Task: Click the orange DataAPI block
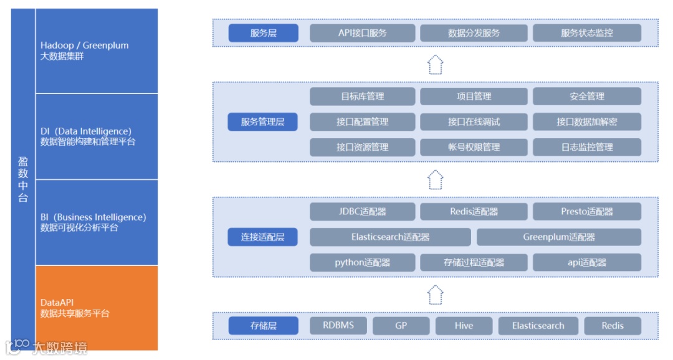(x=97, y=308)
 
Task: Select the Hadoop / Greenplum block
(x=97, y=51)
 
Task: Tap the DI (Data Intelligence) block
(x=97, y=136)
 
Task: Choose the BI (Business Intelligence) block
(x=97, y=222)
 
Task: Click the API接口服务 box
(x=362, y=33)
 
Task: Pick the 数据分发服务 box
(x=474, y=33)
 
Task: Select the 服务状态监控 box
(x=586, y=33)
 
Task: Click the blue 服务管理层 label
(x=262, y=122)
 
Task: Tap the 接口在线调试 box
(x=474, y=122)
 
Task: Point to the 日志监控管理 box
(x=586, y=148)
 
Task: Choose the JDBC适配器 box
(x=362, y=212)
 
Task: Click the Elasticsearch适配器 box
(x=390, y=237)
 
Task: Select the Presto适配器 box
(x=586, y=212)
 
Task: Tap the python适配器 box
(x=362, y=262)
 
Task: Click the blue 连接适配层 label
(x=262, y=237)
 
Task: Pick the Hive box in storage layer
(x=464, y=326)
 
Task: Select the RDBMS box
(x=338, y=326)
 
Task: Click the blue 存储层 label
(x=263, y=326)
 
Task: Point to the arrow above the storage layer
(x=436, y=295)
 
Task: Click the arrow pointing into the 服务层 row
(x=436, y=64)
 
